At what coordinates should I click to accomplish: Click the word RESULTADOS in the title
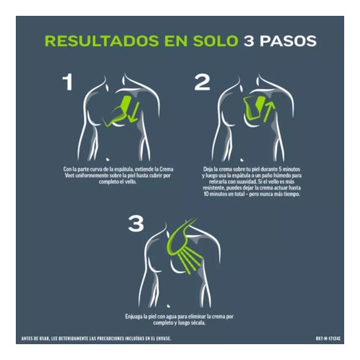[102, 41]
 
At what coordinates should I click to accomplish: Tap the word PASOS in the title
[288, 41]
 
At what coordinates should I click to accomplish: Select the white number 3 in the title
[249, 41]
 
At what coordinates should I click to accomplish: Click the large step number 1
[68, 82]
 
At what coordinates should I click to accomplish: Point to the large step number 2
[202, 82]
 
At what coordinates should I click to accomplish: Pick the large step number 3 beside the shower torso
[136, 224]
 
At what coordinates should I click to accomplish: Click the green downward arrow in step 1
[134, 112]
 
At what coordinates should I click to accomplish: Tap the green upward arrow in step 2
[269, 111]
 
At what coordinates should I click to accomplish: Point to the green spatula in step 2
[255, 108]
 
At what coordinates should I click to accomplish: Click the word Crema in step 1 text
[166, 169]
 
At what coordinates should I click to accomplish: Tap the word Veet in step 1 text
[69, 175]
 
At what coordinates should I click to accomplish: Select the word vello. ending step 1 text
[131, 181]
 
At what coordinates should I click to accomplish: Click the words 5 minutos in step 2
[289, 169]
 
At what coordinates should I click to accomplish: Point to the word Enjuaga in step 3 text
[133, 316]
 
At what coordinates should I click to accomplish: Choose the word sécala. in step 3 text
[198, 323]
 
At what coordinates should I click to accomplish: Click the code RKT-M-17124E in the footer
[328, 339]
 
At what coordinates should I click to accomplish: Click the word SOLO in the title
[216, 41]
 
